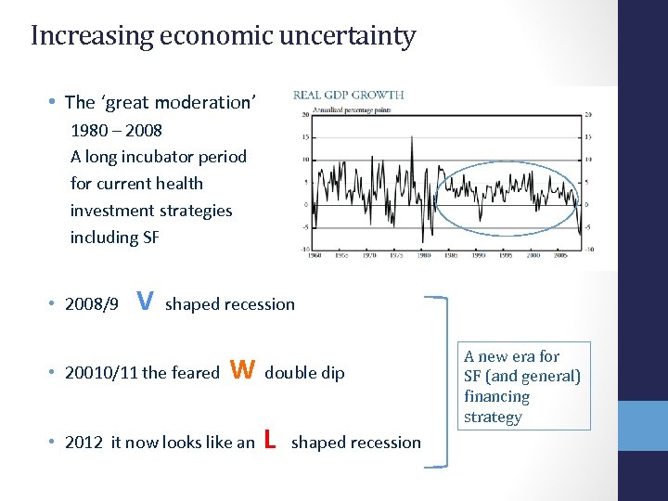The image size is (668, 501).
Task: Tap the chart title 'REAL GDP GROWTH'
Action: [349, 95]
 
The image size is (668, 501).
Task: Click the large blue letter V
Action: [145, 301]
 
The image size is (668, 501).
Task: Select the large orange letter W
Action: [242, 370]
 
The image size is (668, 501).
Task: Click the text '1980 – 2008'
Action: [116, 130]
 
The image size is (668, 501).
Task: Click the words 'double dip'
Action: [304, 373]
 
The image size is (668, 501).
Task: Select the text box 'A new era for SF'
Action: [522, 386]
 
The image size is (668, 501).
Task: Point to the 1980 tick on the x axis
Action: [424, 256]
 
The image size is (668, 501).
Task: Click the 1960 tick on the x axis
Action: [316, 256]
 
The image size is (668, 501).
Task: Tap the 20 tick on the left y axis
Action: [303, 115]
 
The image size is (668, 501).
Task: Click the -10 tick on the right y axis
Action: [589, 249]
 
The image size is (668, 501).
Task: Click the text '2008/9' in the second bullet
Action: [92, 304]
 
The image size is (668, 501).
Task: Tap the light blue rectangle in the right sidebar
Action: [642, 426]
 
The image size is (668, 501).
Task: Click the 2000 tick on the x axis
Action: [530, 256]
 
